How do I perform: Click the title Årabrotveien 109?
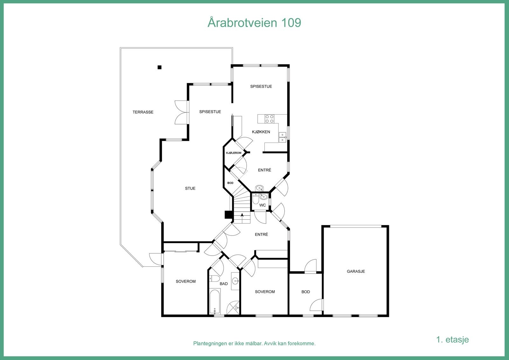[254, 23]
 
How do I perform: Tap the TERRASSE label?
[143, 112]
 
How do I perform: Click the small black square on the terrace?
[160, 67]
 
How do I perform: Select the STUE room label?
[190, 188]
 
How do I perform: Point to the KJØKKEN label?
[261, 132]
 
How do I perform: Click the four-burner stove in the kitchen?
[269, 119]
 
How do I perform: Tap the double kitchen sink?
[282, 137]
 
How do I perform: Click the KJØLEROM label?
[234, 153]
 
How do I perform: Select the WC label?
[262, 205]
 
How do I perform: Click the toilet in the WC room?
[255, 200]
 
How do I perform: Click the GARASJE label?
[356, 272]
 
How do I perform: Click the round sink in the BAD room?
[235, 281]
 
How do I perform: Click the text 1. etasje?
[452, 340]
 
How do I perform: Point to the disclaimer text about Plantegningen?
[254, 344]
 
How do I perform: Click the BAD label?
[224, 284]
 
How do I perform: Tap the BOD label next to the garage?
[305, 292]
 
